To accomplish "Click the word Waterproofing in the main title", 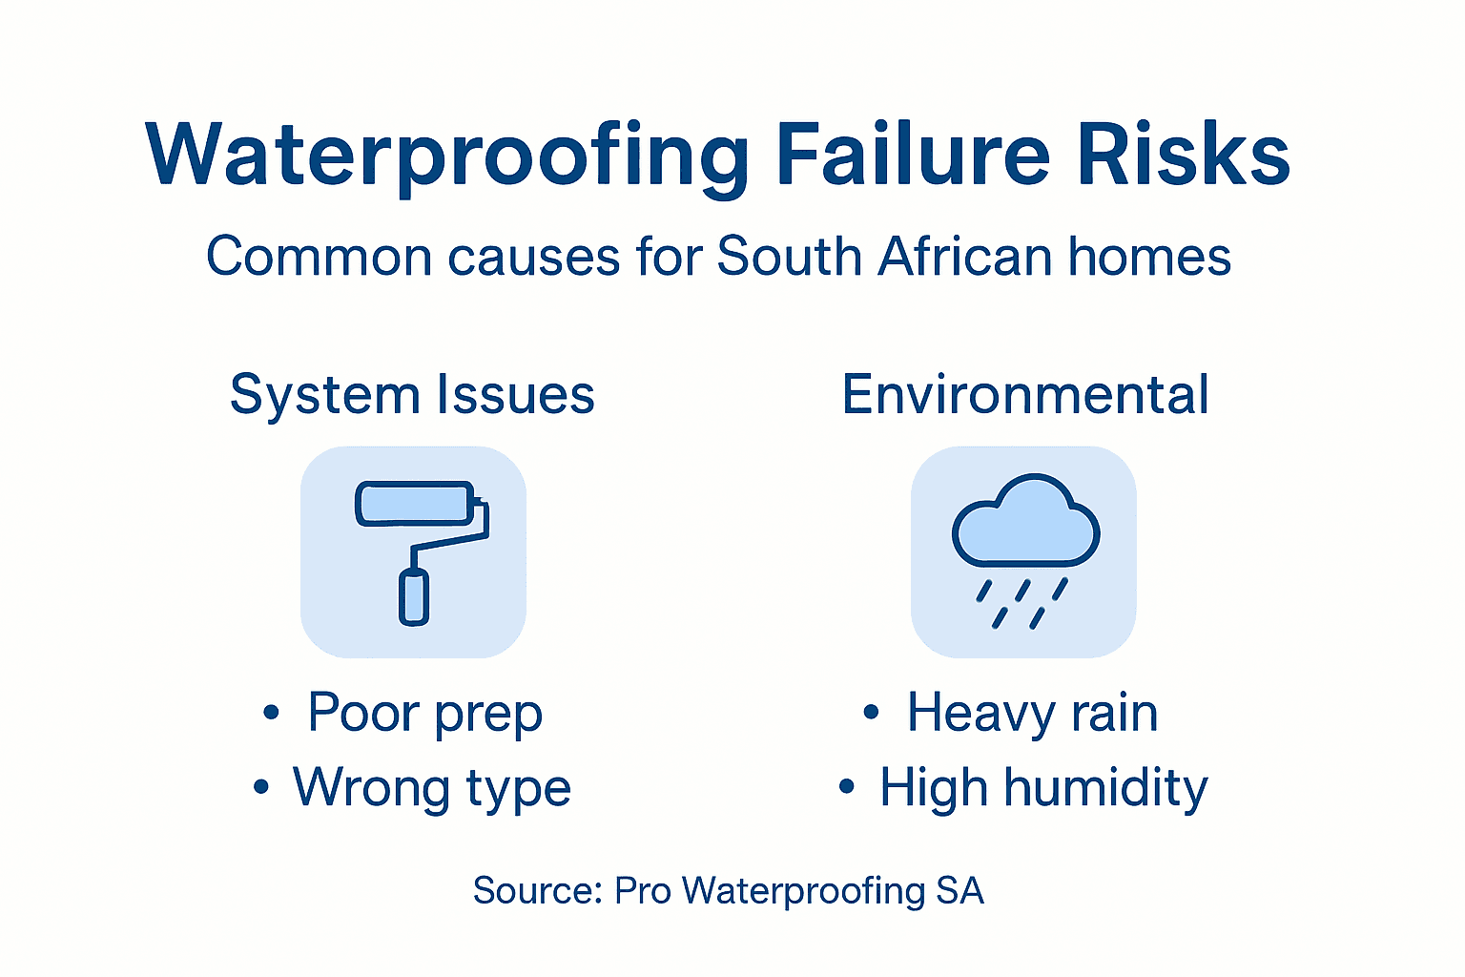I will pos(448,156).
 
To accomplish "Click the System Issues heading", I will pos(412,395).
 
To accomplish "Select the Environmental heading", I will pos(1025,395).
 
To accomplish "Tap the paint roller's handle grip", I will pos(413,596).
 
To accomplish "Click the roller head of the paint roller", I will pos(415,503).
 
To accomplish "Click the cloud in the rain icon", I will pos(1025,525).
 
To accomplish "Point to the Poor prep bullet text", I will pos(424,714).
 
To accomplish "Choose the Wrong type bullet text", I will pos(431,789).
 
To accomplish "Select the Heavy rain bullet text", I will pos(1032,714).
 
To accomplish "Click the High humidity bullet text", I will pos(1042,789).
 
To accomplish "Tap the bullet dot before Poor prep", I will pos(272,712).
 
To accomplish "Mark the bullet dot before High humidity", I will pos(846,787).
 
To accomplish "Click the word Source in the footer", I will pos(536,891).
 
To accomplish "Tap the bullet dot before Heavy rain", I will pos(871,712).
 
